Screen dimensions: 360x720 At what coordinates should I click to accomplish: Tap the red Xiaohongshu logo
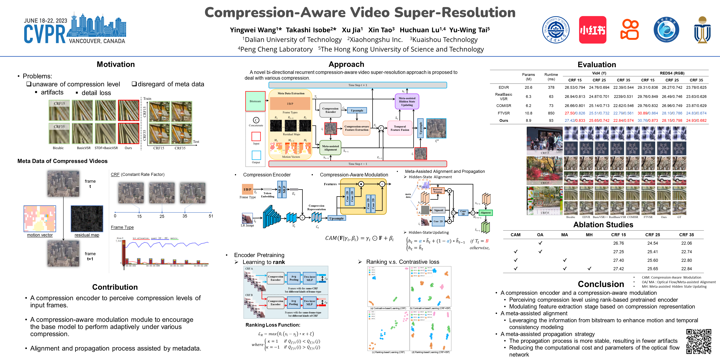[x=592, y=30]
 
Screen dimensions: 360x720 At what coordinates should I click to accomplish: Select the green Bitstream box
[x=255, y=101]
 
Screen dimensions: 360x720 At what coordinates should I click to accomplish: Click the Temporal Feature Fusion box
[x=400, y=128]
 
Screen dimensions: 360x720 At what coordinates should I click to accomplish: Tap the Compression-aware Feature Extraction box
[x=356, y=128]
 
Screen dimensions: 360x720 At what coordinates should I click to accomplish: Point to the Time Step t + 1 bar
[x=357, y=85]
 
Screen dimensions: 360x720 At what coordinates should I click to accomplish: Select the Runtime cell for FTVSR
[x=551, y=113]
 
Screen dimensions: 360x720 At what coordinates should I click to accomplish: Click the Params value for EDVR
[x=528, y=87]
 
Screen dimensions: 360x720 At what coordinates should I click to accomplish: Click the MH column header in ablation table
[x=589, y=235]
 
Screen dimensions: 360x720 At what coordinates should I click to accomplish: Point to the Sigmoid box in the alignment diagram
[x=438, y=210]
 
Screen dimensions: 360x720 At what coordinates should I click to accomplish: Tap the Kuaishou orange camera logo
[x=629, y=30]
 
